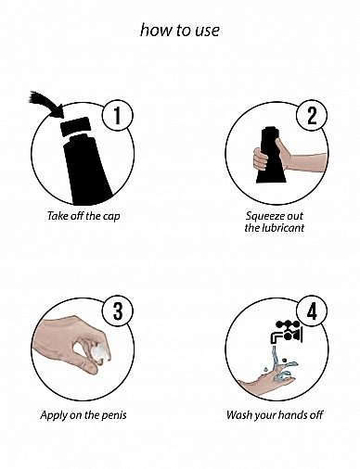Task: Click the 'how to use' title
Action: coord(180,31)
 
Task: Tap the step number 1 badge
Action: coord(118,115)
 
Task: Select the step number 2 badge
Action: coord(312,115)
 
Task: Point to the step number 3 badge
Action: coord(118,311)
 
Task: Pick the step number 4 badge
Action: coord(312,311)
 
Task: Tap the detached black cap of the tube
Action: coord(75,126)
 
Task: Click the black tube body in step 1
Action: coord(86,171)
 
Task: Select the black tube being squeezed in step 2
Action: coord(271,155)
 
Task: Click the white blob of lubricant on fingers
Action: coord(100,352)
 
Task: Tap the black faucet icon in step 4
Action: coord(287,332)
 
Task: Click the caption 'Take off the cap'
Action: coord(84,216)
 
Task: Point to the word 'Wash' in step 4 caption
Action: coord(238,414)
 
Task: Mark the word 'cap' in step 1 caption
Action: coord(111,217)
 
